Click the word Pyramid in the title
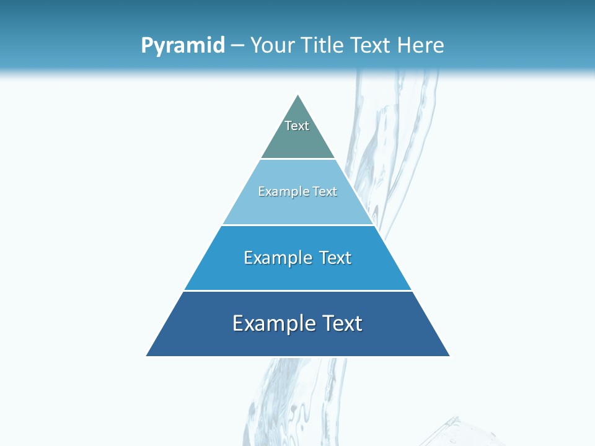pyautogui.click(x=183, y=45)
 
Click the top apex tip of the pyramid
pyautogui.click(x=298, y=96)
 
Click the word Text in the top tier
pyautogui.click(x=297, y=126)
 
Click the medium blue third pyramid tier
pyautogui.click(x=297, y=273)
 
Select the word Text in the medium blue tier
pyautogui.click(x=335, y=258)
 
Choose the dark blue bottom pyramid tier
pyautogui.click(x=297, y=341)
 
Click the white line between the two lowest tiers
pyautogui.click(x=297, y=291)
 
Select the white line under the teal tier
pyautogui.click(x=297, y=159)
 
